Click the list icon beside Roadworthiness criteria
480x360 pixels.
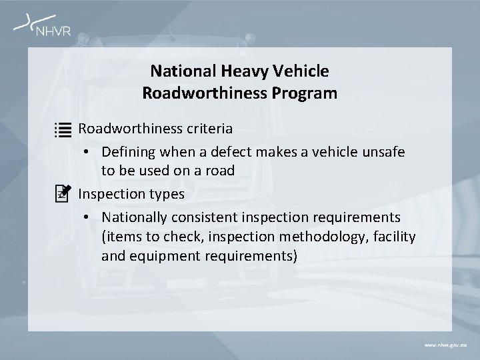(x=63, y=129)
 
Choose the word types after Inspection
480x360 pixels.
(x=168, y=194)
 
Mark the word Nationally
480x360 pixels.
(x=134, y=217)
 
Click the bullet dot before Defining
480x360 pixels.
(x=88, y=153)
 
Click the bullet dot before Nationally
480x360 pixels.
(x=88, y=218)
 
